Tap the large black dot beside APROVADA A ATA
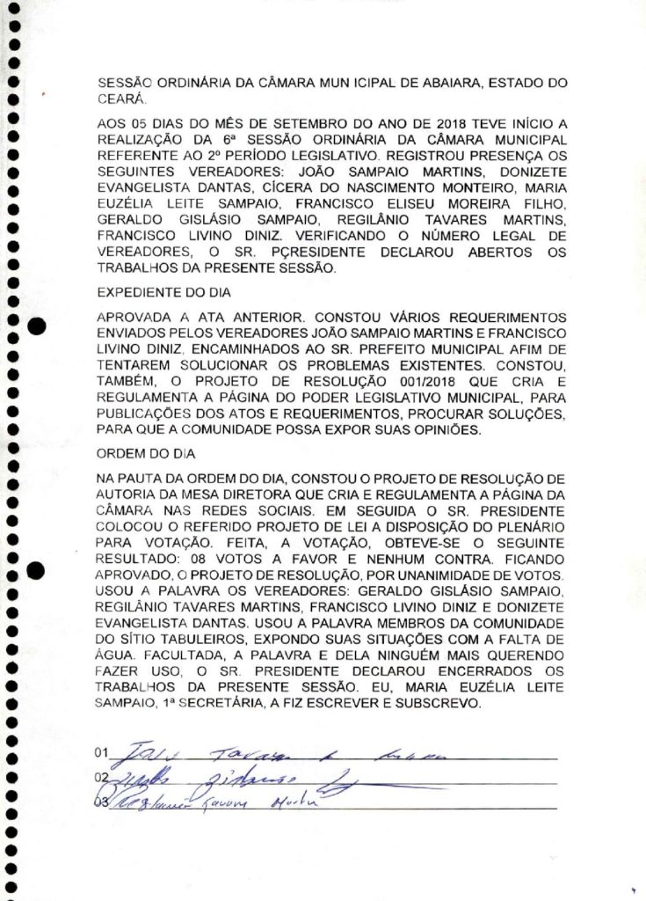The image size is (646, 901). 38,328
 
